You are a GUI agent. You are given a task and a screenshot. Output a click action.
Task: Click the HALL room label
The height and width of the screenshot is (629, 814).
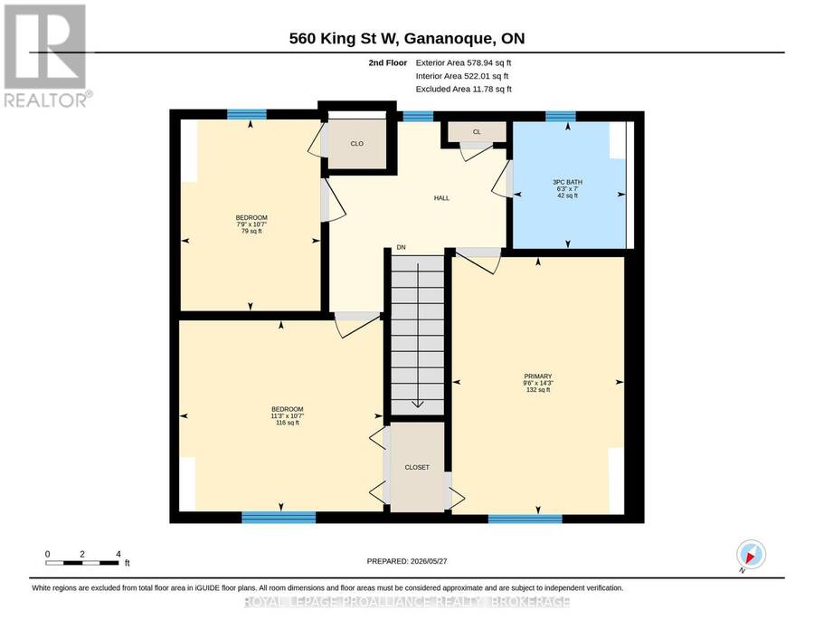click(441, 198)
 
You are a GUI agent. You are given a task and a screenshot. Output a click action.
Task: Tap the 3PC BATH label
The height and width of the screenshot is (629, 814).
click(567, 182)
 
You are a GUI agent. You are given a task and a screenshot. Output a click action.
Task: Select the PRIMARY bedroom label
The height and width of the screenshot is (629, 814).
click(538, 376)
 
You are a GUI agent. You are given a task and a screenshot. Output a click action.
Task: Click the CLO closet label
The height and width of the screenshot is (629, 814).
click(357, 143)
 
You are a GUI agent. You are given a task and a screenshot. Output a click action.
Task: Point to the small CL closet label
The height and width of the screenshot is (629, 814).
click(477, 132)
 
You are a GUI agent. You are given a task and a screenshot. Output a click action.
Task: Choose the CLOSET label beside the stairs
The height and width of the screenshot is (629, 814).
click(417, 468)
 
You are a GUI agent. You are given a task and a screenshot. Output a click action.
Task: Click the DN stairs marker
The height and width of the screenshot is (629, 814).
click(402, 248)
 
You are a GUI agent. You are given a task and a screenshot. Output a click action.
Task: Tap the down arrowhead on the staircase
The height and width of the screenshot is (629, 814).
click(418, 404)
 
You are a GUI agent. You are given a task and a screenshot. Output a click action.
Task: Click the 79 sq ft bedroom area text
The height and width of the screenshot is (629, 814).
click(251, 231)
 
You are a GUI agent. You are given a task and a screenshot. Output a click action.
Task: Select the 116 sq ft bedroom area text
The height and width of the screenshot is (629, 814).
click(288, 423)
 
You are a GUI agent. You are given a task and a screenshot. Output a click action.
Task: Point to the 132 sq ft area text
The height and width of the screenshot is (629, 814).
click(538, 389)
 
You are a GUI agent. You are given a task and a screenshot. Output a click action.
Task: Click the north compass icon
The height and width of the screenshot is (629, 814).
click(752, 554)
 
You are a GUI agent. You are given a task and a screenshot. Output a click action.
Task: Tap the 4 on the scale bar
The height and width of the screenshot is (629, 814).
click(118, 554)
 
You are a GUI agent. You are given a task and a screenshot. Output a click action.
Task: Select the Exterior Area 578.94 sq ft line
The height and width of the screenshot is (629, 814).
click(464, 62)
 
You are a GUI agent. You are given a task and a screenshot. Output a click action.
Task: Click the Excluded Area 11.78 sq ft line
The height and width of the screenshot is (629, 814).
click(464, 90)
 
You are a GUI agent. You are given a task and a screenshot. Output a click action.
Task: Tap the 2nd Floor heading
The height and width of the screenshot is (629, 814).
click(388, 62)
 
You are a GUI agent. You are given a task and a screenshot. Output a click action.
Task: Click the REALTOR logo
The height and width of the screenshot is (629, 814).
click(48, 55)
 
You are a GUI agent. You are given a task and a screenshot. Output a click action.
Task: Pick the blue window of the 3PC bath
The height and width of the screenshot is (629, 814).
click(561, 116)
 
